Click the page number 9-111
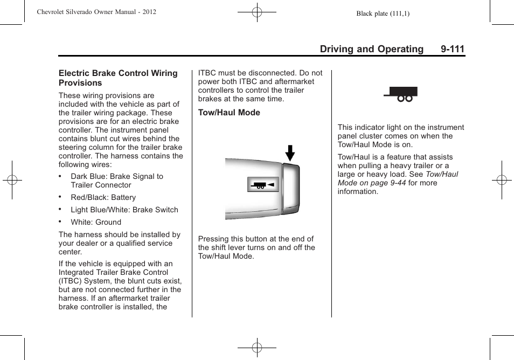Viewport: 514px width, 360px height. (452, 49)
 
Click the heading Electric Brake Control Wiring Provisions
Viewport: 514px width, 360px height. (118, 78)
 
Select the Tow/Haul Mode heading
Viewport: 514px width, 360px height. (229, 113)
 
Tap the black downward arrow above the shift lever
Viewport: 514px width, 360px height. (290, 153)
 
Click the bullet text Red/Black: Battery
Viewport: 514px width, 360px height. (103, 197)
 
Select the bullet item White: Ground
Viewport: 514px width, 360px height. (96, 222)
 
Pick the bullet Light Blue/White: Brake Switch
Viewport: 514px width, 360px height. (124, 210)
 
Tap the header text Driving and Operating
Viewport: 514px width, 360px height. (371, 49)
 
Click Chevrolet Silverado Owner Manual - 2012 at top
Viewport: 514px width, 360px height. (96, 11)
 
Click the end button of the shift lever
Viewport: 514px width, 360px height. (290, 189)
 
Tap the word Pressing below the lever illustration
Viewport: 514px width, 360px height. (214, 239)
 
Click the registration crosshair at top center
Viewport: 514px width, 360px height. (257, 12)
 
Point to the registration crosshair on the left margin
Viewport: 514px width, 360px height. (12, 180)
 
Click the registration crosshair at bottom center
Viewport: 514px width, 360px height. (257, 348)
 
